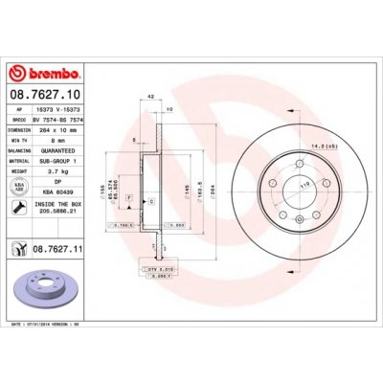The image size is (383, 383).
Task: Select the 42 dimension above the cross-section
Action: point(151,96)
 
